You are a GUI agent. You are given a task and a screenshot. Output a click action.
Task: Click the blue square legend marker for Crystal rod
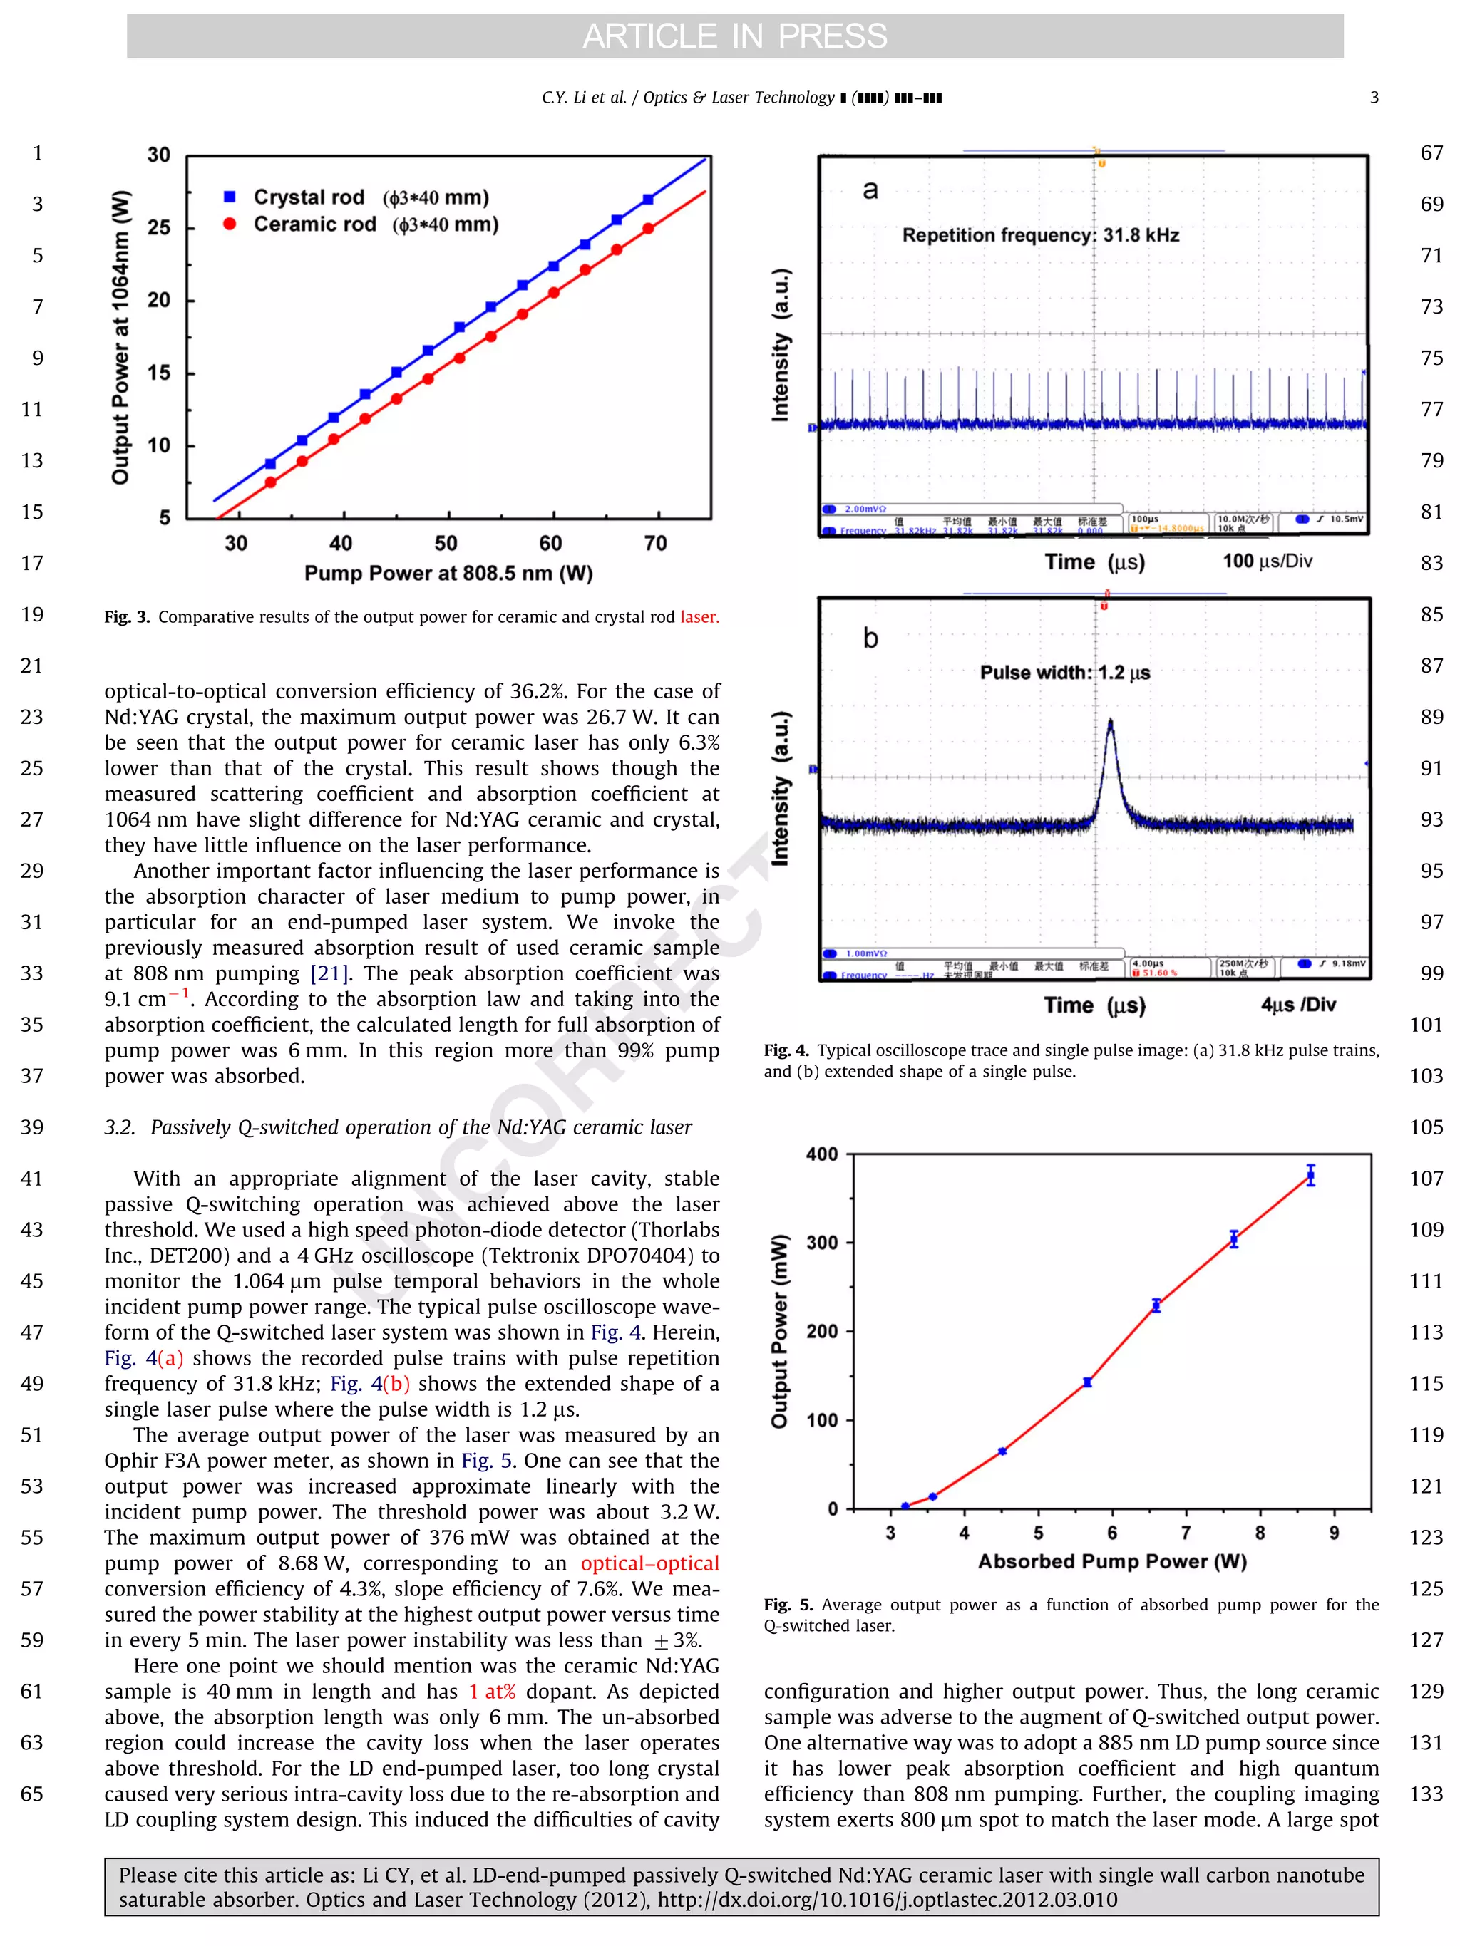pyautogui.click(x=230, y=196)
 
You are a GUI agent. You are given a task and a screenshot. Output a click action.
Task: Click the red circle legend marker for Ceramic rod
pyautogui.click(x=230, y=224)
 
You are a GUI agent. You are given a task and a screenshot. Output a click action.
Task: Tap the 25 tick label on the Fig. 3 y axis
pyautogui.click(x=159, y=227)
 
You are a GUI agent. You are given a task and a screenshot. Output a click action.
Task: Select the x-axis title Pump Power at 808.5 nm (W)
pyautogui.click(x=448, y=574)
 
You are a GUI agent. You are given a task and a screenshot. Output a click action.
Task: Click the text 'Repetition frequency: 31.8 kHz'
pyautogui.click(x=1040, y=235)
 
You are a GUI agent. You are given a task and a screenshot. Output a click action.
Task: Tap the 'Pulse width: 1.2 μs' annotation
pyautogui.click(x=1065, y=672)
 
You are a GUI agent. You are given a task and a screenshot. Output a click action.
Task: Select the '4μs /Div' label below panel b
pyautogui.click(x=1297, y=1005)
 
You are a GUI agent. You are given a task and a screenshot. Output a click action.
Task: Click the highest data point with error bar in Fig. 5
pyautogui.click(x=1310, y=1175)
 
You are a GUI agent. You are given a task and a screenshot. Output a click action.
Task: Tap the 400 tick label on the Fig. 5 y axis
pyautogui.click(x=821, y=1154)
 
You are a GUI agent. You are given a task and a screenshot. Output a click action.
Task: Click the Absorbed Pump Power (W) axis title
pyautogui.click(x=1111, y=1561)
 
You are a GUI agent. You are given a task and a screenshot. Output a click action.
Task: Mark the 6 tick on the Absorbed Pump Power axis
pyautogui.click(x=1111, y=1533)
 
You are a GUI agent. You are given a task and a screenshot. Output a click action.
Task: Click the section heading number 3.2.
pyautogui.click(x=120, y=1128)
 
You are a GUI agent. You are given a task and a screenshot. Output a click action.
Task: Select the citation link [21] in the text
pyautogui.click(x=330, y=974)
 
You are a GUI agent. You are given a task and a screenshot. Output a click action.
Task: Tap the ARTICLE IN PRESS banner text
pyautogui.click(x=734, y=36)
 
